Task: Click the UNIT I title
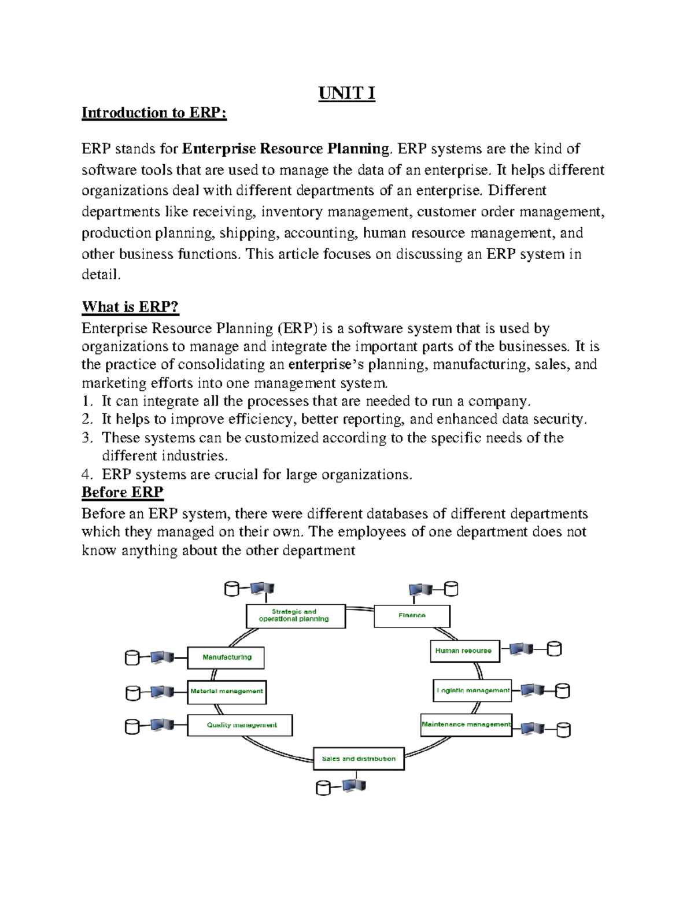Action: coord(346,93)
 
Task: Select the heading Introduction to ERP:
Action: coord(154,113)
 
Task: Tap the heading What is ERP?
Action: coord(130,306)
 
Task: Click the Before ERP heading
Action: coord(122,492)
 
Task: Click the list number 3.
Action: coord(87,438)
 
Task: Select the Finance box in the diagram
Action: coord(412,616)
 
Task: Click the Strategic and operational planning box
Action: coord(296,616)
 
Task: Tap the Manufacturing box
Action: coord(226,657)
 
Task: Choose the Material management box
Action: coord(227,692)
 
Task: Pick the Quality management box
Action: coord(240,725)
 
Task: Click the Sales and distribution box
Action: coord(359,759)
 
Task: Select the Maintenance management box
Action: coord(466,725)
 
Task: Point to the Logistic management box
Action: coord(473,690)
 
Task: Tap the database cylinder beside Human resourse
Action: coord(555,649)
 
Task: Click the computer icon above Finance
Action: coord(420,589)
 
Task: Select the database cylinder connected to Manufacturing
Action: coord(132,658)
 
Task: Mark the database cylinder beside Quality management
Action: coord(132,726)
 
